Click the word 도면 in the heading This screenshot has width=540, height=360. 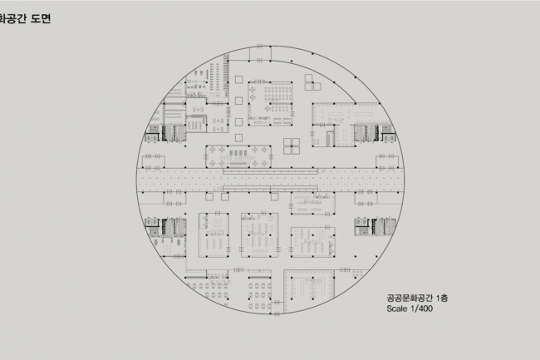click(x=41, y=18)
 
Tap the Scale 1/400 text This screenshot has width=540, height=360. click(x=410, y=308)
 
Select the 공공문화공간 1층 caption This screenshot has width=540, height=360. click(x=417, y=298)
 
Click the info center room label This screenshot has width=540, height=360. click(x=238, y=157)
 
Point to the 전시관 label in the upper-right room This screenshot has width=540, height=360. click(x=336, y=121)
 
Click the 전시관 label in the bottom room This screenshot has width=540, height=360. click(x=312, y=281)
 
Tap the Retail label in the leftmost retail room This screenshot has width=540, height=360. click(x=215, y=234)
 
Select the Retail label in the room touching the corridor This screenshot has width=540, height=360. click(x=312, y=202)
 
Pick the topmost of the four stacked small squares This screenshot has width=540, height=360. click(x=238, y=80)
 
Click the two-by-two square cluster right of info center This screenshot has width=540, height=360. click(x=292, y=146)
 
